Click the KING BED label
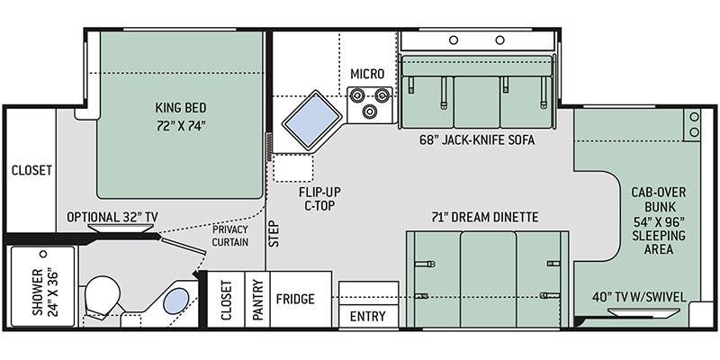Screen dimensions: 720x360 [x=181, y=108]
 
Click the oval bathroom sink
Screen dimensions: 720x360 [x=176, y=301]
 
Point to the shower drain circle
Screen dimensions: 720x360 [x=43, y=254]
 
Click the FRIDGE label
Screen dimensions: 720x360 [x=295, y=299]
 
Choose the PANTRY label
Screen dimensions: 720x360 [x=257, y=300]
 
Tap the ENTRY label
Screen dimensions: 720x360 [x=368, y=317]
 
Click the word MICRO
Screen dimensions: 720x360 [x=367, y=74]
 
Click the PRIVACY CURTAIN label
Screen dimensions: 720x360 [x=230, y=236]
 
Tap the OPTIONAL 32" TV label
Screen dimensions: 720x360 [x=109, y=217]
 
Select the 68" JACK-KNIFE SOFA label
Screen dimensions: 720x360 [x=477, y=140]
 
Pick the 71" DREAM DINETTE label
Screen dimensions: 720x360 [x=486, y=217]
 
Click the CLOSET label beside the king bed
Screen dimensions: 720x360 [x=31, y=170]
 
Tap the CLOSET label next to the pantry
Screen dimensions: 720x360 [x=226, y=300]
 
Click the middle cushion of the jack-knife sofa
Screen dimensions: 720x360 [x=477, y=102]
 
